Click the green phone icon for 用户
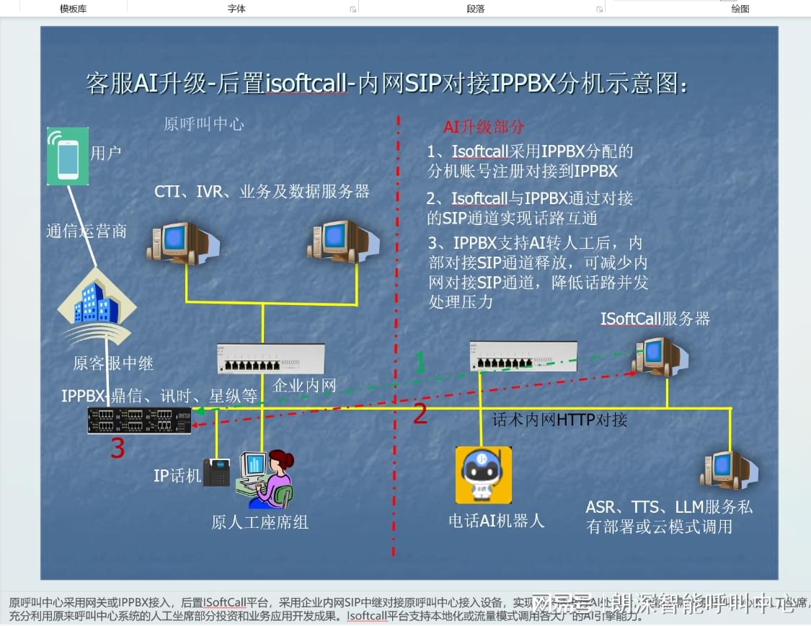(x=68, y=156)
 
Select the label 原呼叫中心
(x=204, y=124)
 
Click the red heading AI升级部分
(x=484, y=127)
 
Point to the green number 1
(x=420, y=362)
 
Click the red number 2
(x=420, y=415)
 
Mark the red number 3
(x=118, y=449)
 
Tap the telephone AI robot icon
(x=483, y=474)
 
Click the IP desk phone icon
(x=216, y=472)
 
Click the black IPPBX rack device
(x=139, y=420)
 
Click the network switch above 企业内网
(x=270, y=358)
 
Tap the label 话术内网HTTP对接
(x=559, y=419)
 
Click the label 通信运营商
(x=87, y=231)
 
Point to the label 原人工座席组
(x=260, y=522)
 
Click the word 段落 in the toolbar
(x=476, y=9)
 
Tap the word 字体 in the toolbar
(x=236, y=9)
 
